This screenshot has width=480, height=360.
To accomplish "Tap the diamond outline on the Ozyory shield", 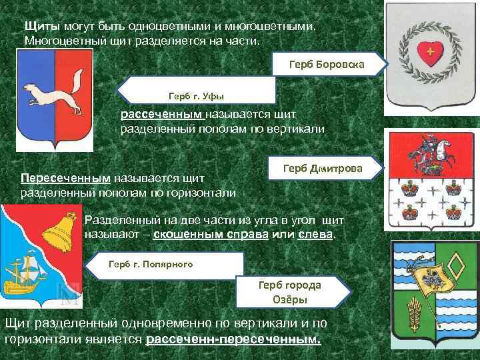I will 457,267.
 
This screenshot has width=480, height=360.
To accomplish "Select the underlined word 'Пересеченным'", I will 65,179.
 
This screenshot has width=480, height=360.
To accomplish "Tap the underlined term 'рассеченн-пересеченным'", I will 233,339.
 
